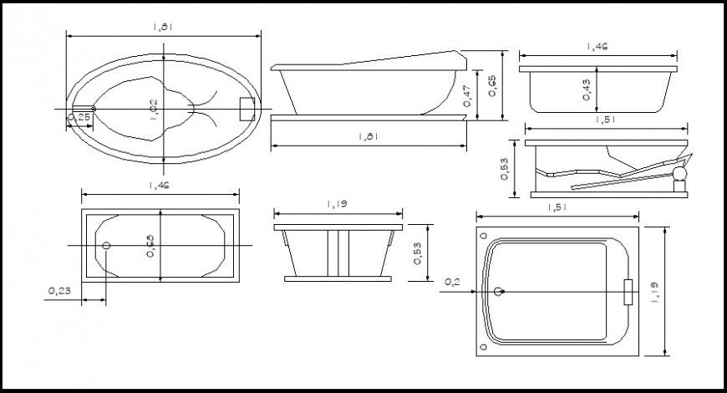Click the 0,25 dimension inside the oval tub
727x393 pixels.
[x=81, y=118]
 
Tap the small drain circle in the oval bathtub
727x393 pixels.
[x=93, y=109]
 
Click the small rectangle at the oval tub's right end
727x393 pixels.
[x=247, y=110]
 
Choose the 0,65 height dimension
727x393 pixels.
[x=491, y=85]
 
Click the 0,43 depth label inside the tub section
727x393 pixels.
[x=587, y=91]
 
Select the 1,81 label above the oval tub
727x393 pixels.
[x=163, y=27]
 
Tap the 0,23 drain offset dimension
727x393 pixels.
[x=58, y=291]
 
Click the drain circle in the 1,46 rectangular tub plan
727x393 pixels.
[x=106, y=246]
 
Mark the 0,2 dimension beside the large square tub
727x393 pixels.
[x=451, y=282]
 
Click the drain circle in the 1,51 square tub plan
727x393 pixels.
[x=499, y=292]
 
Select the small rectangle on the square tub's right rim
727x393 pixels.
[x=628, y=292]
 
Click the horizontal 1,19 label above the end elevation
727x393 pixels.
[x=338, y=202]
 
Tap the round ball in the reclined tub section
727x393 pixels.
[x=680, y=174]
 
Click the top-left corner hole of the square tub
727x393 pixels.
[x=482, y=237]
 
